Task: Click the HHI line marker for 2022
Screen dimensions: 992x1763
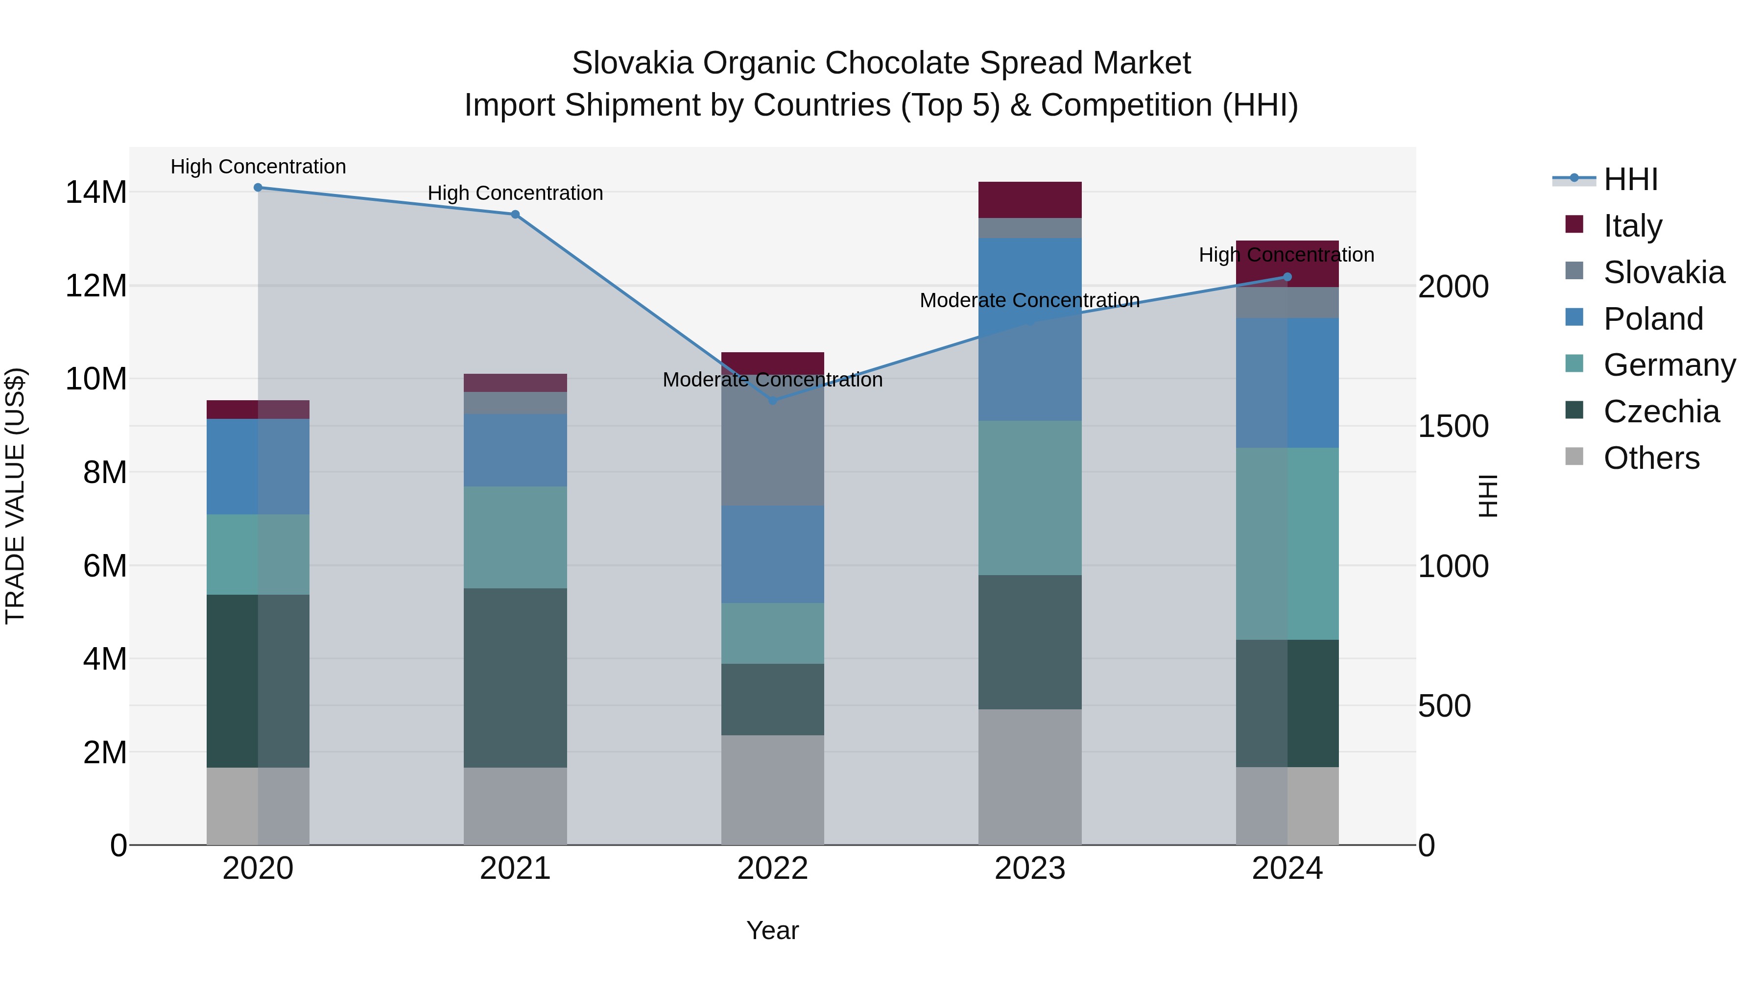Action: coord(773,401)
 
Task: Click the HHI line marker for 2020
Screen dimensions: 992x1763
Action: coord(258,188)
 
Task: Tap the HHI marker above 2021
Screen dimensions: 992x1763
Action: coord(515,214)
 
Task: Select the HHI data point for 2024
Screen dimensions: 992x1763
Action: coord(1287,277)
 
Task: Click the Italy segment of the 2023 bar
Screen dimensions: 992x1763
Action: coord(1030,200)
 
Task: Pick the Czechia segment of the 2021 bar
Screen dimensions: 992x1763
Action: coord(515,678)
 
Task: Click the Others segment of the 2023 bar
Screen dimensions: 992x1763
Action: coord(1030,777)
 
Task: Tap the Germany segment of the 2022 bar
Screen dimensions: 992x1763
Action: coord(773,633)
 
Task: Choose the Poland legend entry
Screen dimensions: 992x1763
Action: coord(1653,319)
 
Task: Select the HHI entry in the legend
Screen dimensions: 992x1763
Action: coord(1630,179)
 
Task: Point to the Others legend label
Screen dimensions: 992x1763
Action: coord(1651,458)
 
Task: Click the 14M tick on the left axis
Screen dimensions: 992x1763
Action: coord(96,193)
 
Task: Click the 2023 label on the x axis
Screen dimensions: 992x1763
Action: coord(1030,869)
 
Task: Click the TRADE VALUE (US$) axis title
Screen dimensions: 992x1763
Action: coord(15,496)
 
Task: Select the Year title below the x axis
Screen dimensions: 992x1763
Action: coord(773,930)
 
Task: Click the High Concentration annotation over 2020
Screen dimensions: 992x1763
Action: coord(258,167)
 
